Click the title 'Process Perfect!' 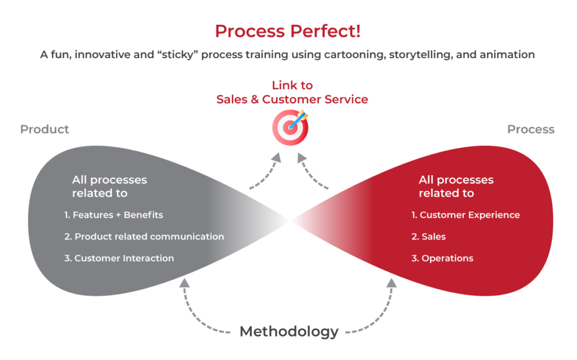point(287,31)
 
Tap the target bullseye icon point(291,126)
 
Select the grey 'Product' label point(45,129)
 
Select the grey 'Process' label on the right point(530,129)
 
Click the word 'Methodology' point(288,331)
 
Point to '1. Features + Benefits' point(113,215)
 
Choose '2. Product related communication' point(144,237)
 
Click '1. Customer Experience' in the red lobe point(465,215)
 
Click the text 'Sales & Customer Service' point(292,100)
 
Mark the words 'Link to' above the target point(292,85)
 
